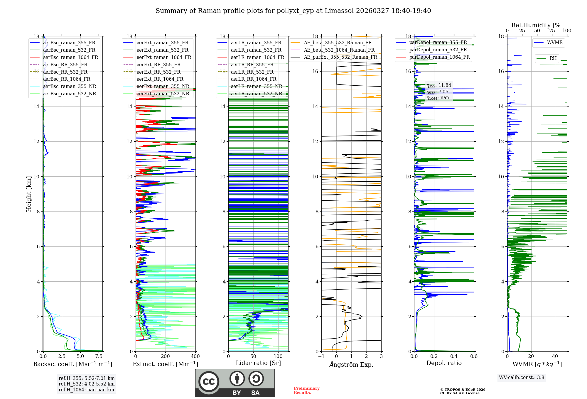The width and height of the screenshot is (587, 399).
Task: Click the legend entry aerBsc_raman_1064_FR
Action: click(70, 58)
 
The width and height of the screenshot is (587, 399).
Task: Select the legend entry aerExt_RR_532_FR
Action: click(158, 72)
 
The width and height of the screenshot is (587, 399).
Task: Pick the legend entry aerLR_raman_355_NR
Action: click(256, 87)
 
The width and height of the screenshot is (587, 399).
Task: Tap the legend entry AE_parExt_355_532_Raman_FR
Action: click(340, 57)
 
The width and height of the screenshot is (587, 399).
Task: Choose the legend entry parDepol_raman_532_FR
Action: click(438, 50)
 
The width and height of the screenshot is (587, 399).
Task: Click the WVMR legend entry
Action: click(554, 43)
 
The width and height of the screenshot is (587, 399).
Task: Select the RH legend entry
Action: click(553, 58)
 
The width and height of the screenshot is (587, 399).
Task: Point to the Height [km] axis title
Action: click(29, 194)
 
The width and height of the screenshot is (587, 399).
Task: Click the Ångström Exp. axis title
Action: click(351, 365)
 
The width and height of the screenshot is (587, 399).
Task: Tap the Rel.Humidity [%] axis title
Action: click(537, 25)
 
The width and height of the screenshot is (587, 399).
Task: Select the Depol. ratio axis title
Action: click(444, 363)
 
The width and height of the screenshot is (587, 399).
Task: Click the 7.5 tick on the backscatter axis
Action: click(99, 356)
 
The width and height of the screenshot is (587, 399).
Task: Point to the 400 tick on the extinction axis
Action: click(195, 356)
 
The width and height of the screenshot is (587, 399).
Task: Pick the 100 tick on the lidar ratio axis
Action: click(278, 356)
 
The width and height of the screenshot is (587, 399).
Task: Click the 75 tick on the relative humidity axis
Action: click(552, 31)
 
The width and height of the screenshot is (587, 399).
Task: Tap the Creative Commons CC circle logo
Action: click(209, 382)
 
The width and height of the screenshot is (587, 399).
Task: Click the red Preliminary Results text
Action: click(306, 390)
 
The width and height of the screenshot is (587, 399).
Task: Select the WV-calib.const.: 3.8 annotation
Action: click(521, 378)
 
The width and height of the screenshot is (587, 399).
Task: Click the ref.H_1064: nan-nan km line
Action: click(86, 390)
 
